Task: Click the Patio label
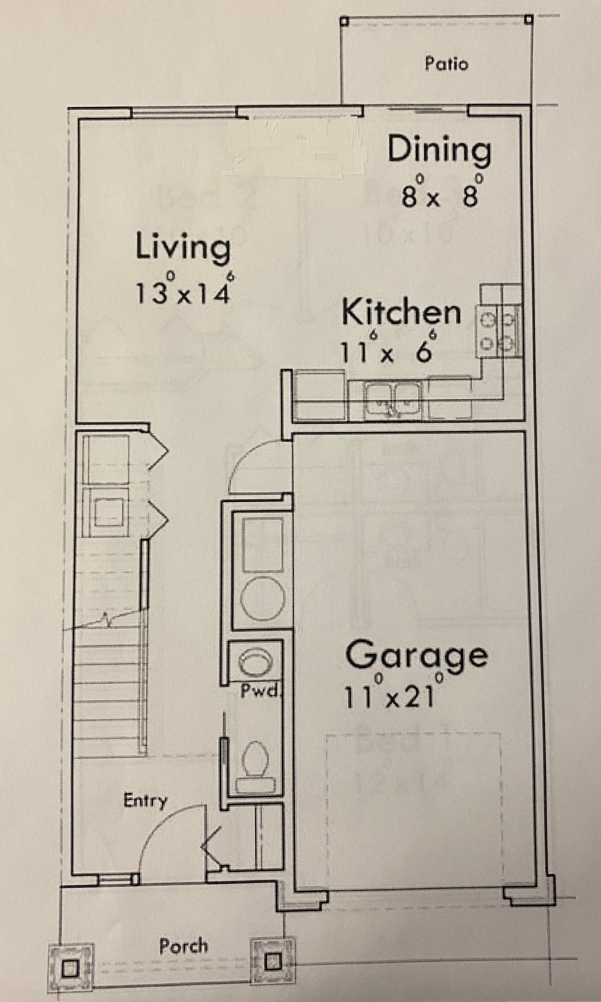[446, 64]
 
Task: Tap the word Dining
[439, 149]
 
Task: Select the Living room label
[183, 247]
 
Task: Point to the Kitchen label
[401, 313]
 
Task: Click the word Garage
[416, 655]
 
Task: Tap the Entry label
[145, 800]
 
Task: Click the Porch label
[183, 946]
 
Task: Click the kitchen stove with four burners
[498, 331]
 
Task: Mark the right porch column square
[272, 962]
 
